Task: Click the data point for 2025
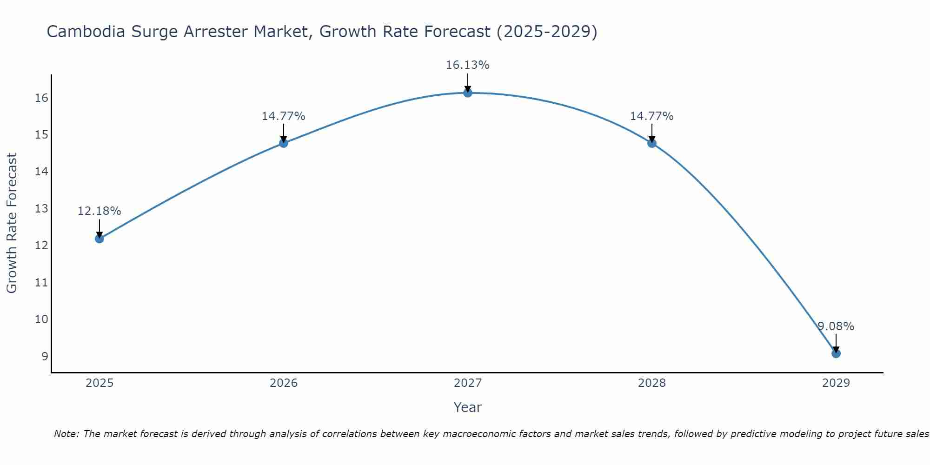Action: (x=100, y=239)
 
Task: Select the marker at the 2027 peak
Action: (x=468, y=93)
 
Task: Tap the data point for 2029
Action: (x=836, y=353)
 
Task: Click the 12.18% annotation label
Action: (x=99, y=211)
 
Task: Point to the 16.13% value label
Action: (x=467, y=65)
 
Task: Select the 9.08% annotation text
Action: (x=836, y=326)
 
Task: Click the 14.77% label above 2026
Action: (x=283, y=116)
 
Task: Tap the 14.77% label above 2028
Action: (x=651, y=116)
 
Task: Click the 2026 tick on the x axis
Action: (x=284, y=383)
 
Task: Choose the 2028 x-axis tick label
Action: (x=652, y=383)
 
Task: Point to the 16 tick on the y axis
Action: (x=41, y=98)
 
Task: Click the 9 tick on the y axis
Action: (x=45, y=357)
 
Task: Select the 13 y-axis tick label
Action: (x=41, y=209)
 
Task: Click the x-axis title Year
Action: (x=467, y=407)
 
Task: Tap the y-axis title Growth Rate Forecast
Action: (x=12, y=223)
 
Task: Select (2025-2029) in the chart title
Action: (x=547, y=32)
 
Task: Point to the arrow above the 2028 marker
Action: (x=652, y=132)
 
